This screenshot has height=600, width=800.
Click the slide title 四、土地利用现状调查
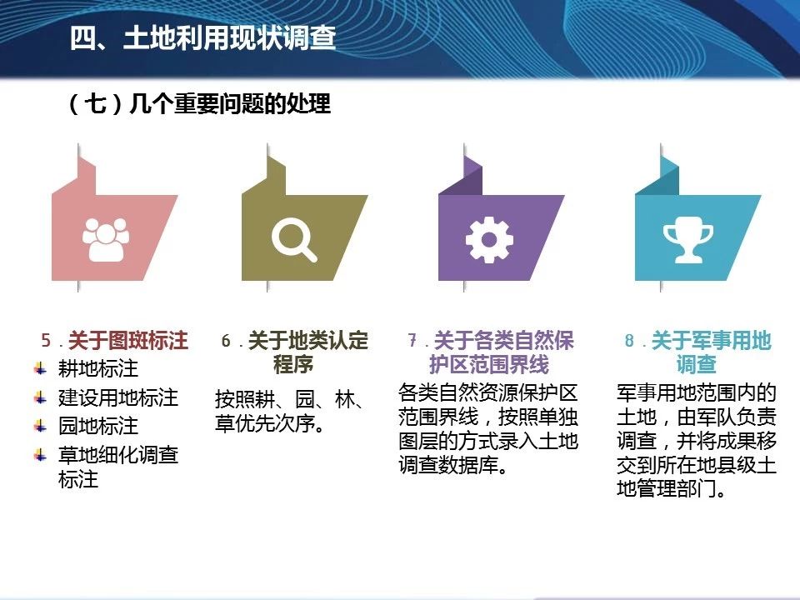pos(202,37)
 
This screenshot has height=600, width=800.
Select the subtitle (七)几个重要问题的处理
pos(199,104)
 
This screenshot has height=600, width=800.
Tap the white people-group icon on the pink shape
pos(106,239)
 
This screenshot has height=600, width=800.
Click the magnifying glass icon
pos(294,239)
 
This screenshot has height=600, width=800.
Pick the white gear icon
pos(489,239)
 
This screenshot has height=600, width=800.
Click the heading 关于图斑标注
pos(128,340)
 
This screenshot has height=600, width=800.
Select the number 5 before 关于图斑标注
pos(46,340)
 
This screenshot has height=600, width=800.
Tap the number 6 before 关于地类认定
pos(226,340)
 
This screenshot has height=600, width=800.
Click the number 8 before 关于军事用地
pos(630,340)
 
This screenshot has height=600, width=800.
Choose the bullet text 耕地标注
pos(98,368)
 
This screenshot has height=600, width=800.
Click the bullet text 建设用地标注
pos(117,397)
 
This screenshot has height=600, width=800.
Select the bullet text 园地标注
pos(98,426)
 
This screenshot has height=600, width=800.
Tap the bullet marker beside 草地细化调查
pos(40,454)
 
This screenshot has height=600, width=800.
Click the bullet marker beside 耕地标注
pos(40,368)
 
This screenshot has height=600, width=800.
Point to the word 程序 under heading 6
pos(293,364)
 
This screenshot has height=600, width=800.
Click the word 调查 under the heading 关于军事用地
pos(696,364)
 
